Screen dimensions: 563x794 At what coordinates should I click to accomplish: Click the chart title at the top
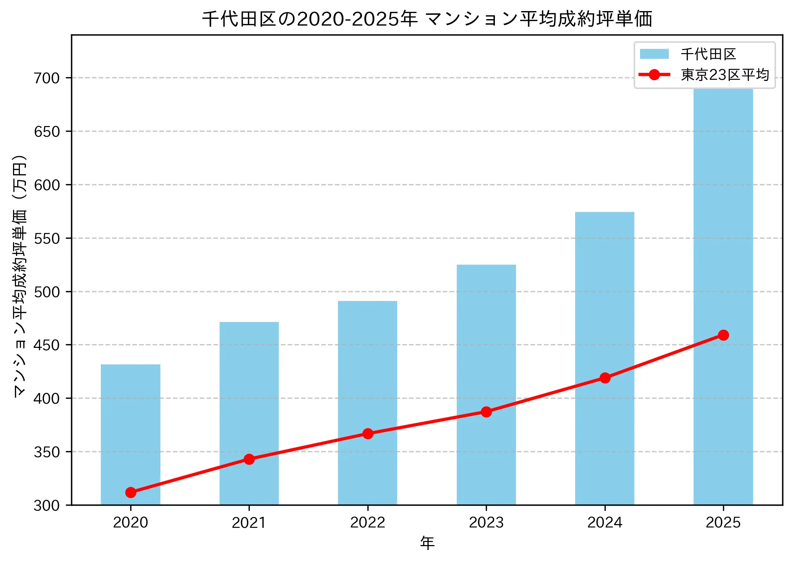427,19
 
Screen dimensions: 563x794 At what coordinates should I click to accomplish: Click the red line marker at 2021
249,459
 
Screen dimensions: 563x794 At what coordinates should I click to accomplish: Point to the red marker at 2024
605,378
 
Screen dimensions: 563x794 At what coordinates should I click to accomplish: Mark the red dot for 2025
723,335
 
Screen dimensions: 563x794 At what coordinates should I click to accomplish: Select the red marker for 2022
368,434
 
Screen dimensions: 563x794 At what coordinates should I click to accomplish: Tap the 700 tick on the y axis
47,78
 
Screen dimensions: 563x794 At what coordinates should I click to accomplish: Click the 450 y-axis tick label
47,345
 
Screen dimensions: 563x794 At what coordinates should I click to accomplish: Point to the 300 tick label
47,506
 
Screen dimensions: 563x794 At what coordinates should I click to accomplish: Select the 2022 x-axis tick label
368,523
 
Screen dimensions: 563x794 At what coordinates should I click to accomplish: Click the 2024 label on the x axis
605,523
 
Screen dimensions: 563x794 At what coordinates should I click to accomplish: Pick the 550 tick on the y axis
47,239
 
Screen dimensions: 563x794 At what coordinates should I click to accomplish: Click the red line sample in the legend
654,75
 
